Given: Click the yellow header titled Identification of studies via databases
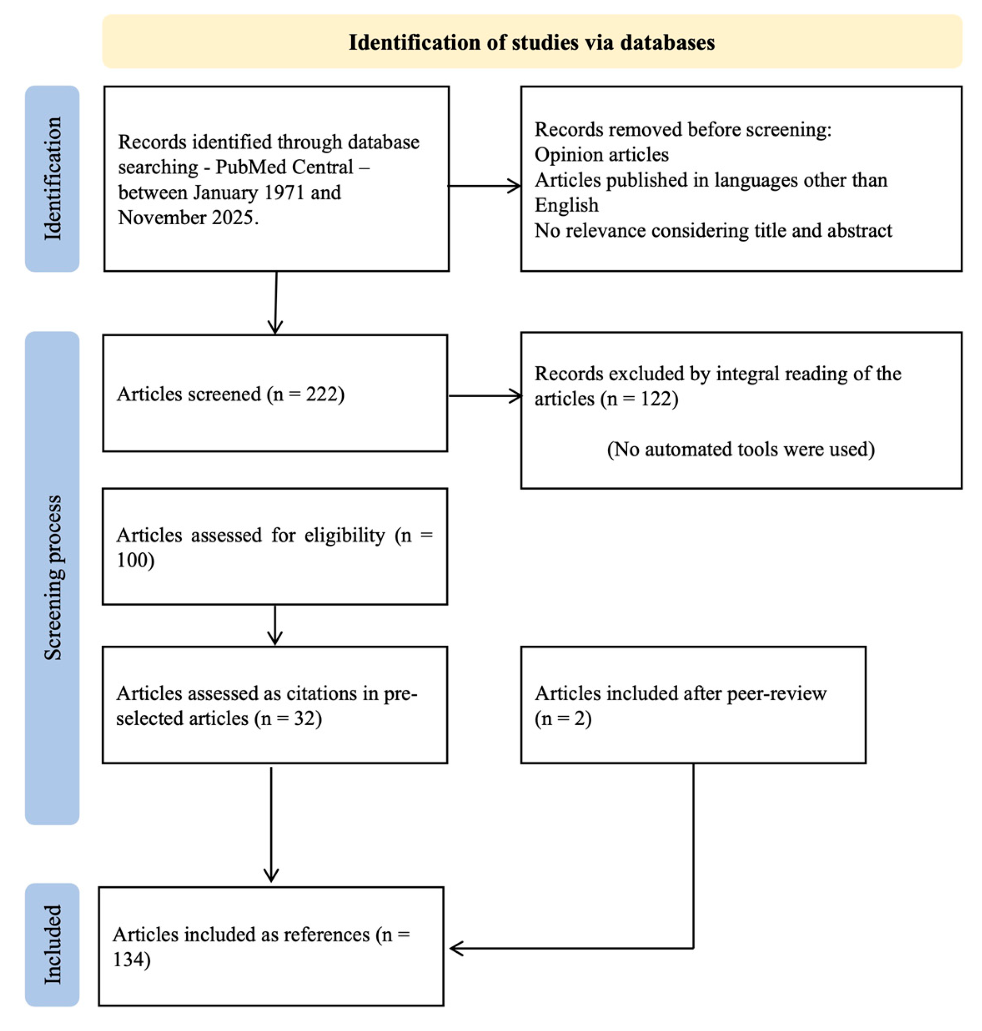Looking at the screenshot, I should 532,42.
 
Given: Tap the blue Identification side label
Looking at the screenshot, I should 52,179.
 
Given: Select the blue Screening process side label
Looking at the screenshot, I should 52,577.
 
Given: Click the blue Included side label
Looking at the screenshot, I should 52,944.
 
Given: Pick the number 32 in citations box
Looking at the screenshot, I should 304,718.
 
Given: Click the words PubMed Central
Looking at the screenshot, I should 284,167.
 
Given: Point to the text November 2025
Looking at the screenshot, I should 187,217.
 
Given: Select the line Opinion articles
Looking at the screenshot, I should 602,155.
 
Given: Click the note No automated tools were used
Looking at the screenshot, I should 741,449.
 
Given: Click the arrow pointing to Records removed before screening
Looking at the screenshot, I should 485,185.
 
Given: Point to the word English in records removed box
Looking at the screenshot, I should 567,205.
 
